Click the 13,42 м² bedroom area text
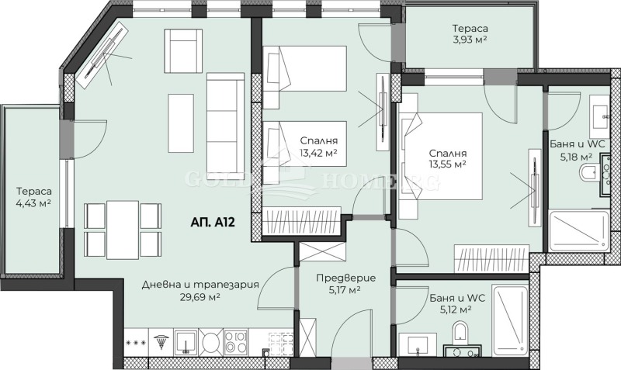point(318,152)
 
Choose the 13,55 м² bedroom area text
point(446,164)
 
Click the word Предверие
point(346,278)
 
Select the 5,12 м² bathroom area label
point(450,309)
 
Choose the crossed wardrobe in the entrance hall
point(318,254)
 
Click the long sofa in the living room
point(226,112)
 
